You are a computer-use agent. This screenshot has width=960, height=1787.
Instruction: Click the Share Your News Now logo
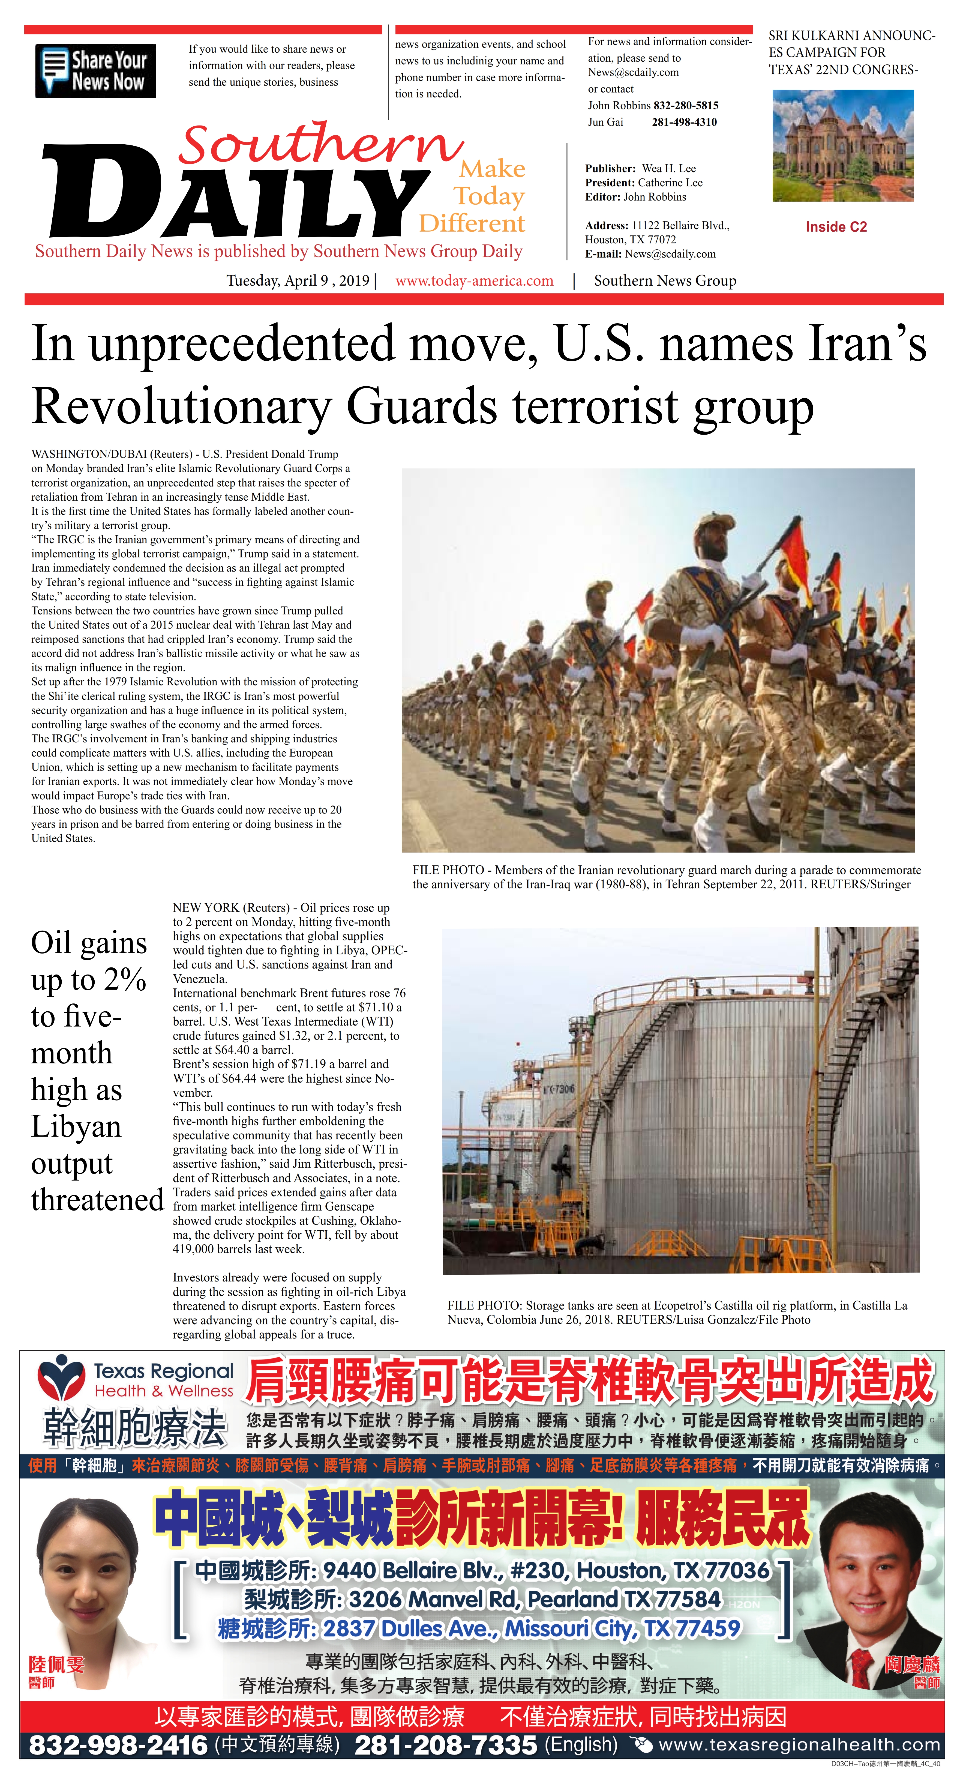(x=95, y=70)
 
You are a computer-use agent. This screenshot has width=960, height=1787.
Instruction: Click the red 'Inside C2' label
(x=836, y=227)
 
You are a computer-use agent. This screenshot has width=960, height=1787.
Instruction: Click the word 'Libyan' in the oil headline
(x=76, y=1126)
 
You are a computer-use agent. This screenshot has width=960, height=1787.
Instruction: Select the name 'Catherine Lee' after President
(x=669, y=183)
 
